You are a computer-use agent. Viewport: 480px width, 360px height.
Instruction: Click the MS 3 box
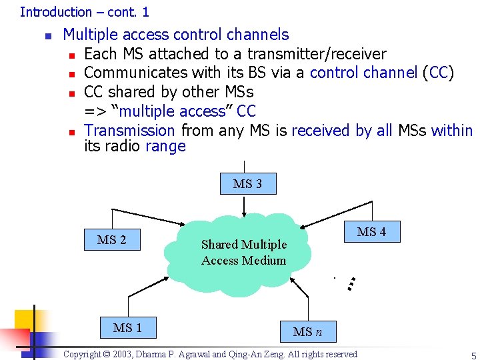[248, 184]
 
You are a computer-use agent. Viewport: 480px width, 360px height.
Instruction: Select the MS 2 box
[111, 239]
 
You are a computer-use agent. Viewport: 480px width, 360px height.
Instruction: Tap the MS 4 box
[371, 231]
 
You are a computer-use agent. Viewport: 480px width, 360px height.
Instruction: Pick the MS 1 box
[127, 327]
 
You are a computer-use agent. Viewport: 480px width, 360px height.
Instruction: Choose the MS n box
[307, 331]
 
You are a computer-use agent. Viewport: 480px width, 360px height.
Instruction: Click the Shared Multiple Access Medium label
[243, 253]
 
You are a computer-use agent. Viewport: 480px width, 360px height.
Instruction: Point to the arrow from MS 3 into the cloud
[245, 205]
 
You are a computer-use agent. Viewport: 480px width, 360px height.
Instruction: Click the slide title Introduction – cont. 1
[85, 12]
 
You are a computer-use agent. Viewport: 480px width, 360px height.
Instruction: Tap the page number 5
[473, 356]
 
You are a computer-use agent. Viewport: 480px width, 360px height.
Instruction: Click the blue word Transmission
[129, 131]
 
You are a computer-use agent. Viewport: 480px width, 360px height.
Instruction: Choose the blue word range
[165, 146]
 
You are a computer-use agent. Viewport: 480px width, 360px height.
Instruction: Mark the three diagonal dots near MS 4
[355, 283]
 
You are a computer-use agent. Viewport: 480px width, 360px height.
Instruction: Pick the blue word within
[451, 131]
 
